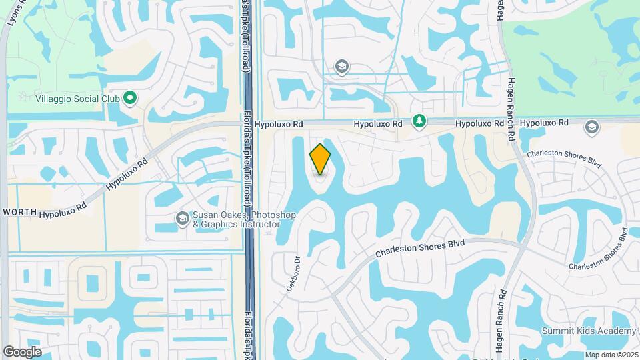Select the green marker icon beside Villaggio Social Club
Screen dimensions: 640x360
131,98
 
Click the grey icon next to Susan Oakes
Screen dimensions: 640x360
182,218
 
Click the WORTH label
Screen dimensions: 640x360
19,211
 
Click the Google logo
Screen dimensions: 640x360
22,352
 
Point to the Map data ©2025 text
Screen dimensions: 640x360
611,355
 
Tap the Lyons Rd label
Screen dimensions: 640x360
15,13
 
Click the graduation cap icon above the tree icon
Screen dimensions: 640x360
342,65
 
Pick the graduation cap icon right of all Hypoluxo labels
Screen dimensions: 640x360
591,127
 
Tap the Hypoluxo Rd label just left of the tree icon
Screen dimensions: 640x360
378,124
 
